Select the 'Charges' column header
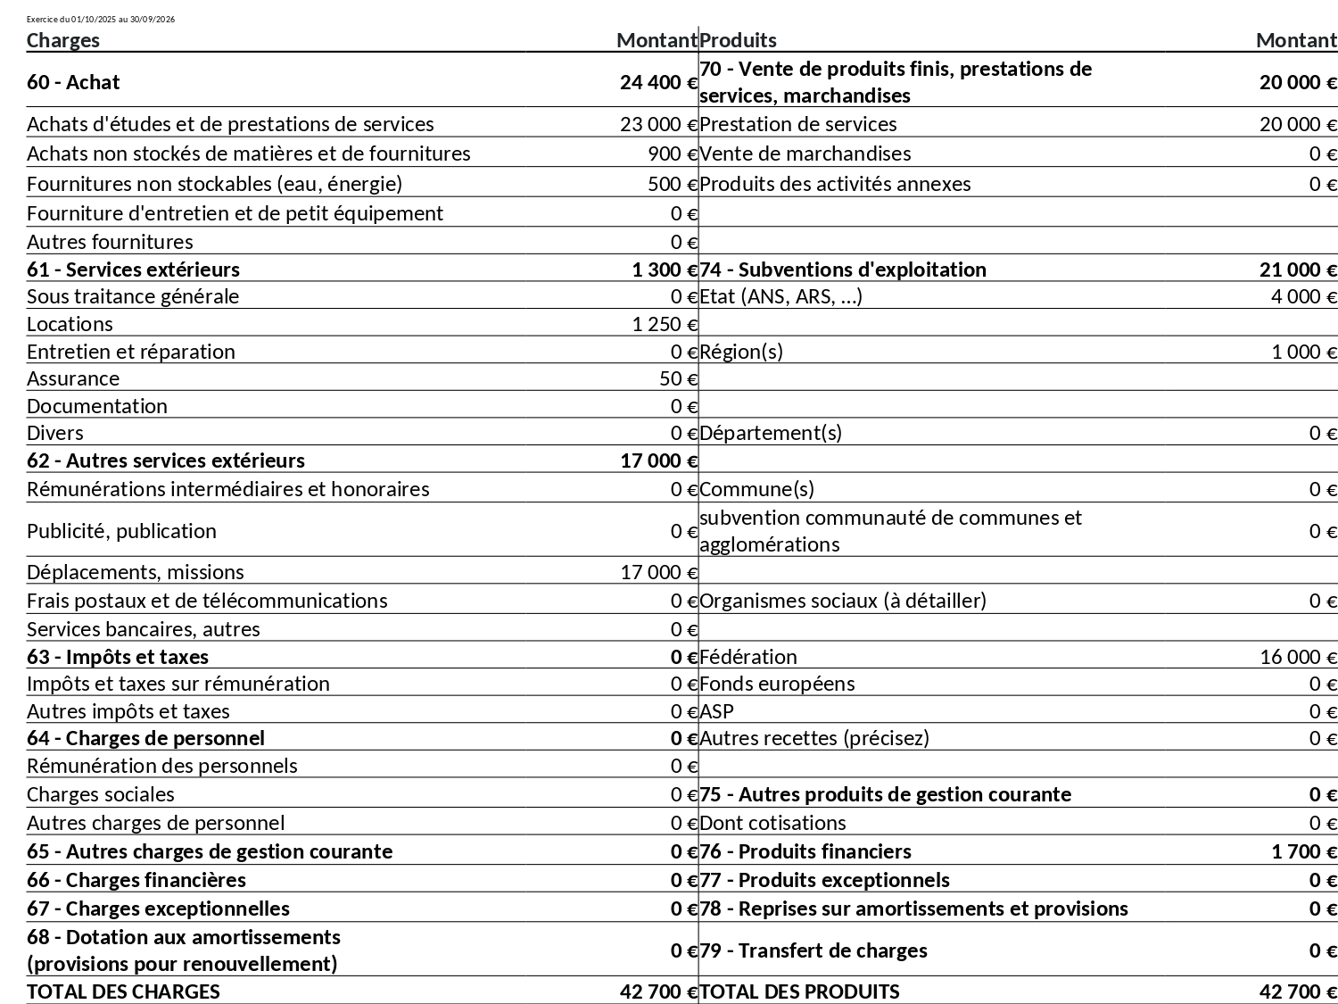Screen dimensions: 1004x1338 (63, 40)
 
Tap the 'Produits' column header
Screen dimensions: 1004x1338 (738, 40)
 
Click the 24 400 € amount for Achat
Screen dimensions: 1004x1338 (658, 82)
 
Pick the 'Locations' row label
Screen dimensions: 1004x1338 (70, 324)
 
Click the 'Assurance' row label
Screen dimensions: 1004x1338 (73, 378)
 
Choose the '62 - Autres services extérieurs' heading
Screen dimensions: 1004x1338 (166, 461)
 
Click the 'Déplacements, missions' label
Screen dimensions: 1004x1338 (136, 572)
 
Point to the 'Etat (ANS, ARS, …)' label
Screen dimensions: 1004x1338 (780, 296)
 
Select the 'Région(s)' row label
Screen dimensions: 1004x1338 (741, 352)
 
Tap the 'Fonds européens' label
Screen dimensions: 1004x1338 (777, 684)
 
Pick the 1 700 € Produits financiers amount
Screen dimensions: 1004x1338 (1303, 851)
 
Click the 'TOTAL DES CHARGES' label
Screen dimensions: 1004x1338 (123, 992)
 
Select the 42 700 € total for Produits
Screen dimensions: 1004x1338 (1298, 992)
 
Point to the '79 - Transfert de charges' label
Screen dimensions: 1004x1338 (814, 950)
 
